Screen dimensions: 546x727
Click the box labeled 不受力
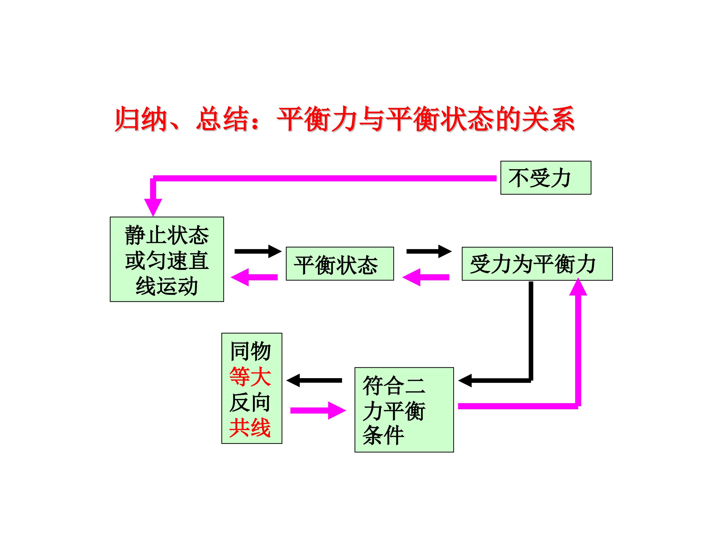click(x=546, y=178)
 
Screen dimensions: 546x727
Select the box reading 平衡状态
click(x=340, y=264)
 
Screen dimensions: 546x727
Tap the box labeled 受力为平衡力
click(x=537, y=264)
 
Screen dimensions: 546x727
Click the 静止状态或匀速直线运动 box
click(x=167, y=259)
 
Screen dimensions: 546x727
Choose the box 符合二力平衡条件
click(x=404, y=410)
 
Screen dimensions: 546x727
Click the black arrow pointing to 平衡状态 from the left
click(x=258, y=252)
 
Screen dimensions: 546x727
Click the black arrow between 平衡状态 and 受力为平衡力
click(x=429, y=252)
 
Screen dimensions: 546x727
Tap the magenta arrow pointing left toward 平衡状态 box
click(x=426, y=277)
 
